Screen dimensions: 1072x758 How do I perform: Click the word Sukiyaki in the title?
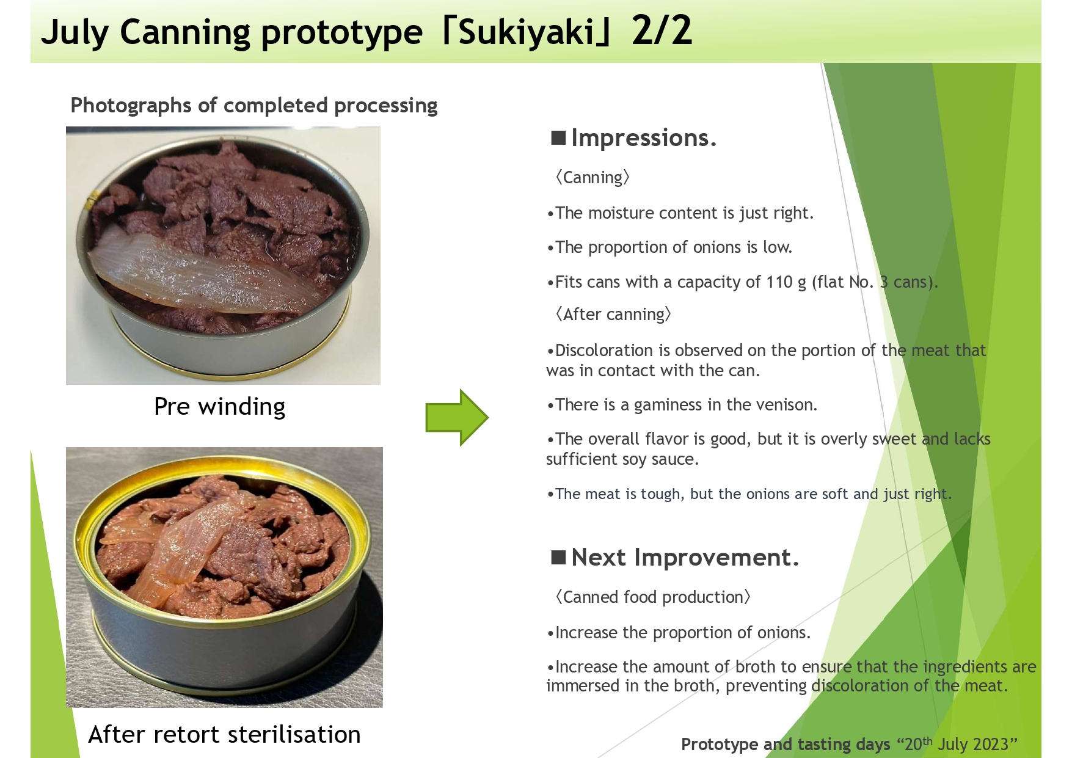[527, 32]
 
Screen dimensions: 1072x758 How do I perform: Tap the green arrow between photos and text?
[457, 417]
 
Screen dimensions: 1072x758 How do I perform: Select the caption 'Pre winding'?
[219, 407]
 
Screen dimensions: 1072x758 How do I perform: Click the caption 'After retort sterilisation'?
[224, 734]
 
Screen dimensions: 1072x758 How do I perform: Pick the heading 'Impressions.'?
[643, 139]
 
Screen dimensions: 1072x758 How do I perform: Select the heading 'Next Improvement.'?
[685, 558]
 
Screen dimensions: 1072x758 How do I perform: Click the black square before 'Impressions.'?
[558, 137]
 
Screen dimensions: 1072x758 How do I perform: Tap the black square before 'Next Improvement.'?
[558, 557]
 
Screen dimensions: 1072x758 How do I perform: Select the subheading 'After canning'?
[613, 315]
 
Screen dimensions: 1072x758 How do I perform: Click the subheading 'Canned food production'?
[652, 597]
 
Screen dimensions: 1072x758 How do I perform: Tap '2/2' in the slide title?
[662, 31]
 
